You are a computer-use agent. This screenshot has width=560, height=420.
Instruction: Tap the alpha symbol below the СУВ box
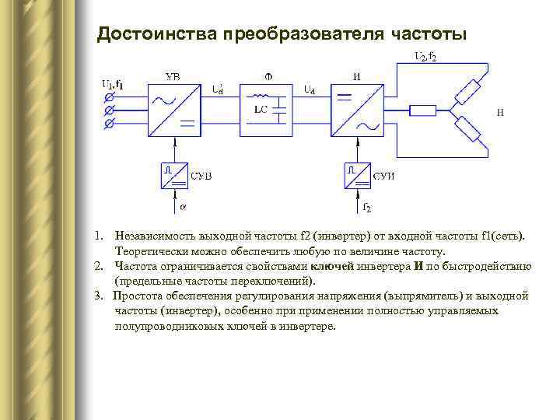pyautogui.click(x=183, y=208)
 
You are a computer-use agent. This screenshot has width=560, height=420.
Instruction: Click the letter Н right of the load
pyautogui.click(x=500, y=113)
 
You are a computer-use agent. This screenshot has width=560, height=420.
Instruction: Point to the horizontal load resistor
pyautogui.click(x=422, y=110)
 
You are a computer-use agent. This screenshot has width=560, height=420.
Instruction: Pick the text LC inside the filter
pyautogui.click(x=260, y=110)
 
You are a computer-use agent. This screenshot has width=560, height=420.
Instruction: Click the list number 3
pyautogui.click(x=97, y=296)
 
